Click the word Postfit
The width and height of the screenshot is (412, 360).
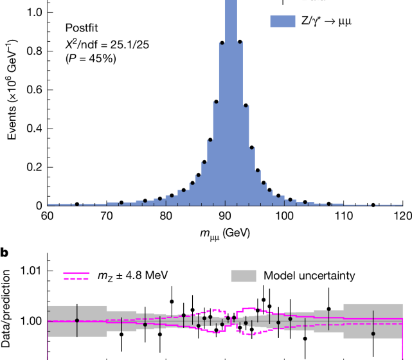(x=83, y=28)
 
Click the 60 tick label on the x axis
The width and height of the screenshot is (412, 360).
(x=48, y=216)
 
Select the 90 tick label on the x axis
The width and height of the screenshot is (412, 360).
(x=225, y=216)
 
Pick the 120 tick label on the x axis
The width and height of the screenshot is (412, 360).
(x=402, y=216)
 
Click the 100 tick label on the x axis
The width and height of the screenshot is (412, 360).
(x=284, y=216)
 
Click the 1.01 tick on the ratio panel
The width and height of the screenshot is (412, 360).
(x=30, y=271)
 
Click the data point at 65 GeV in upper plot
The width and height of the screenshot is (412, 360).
(x=77, y=204)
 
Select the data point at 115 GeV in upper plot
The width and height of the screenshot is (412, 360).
(x=373, y=205)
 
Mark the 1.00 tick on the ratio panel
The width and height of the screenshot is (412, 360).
(x=30, y=321)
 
